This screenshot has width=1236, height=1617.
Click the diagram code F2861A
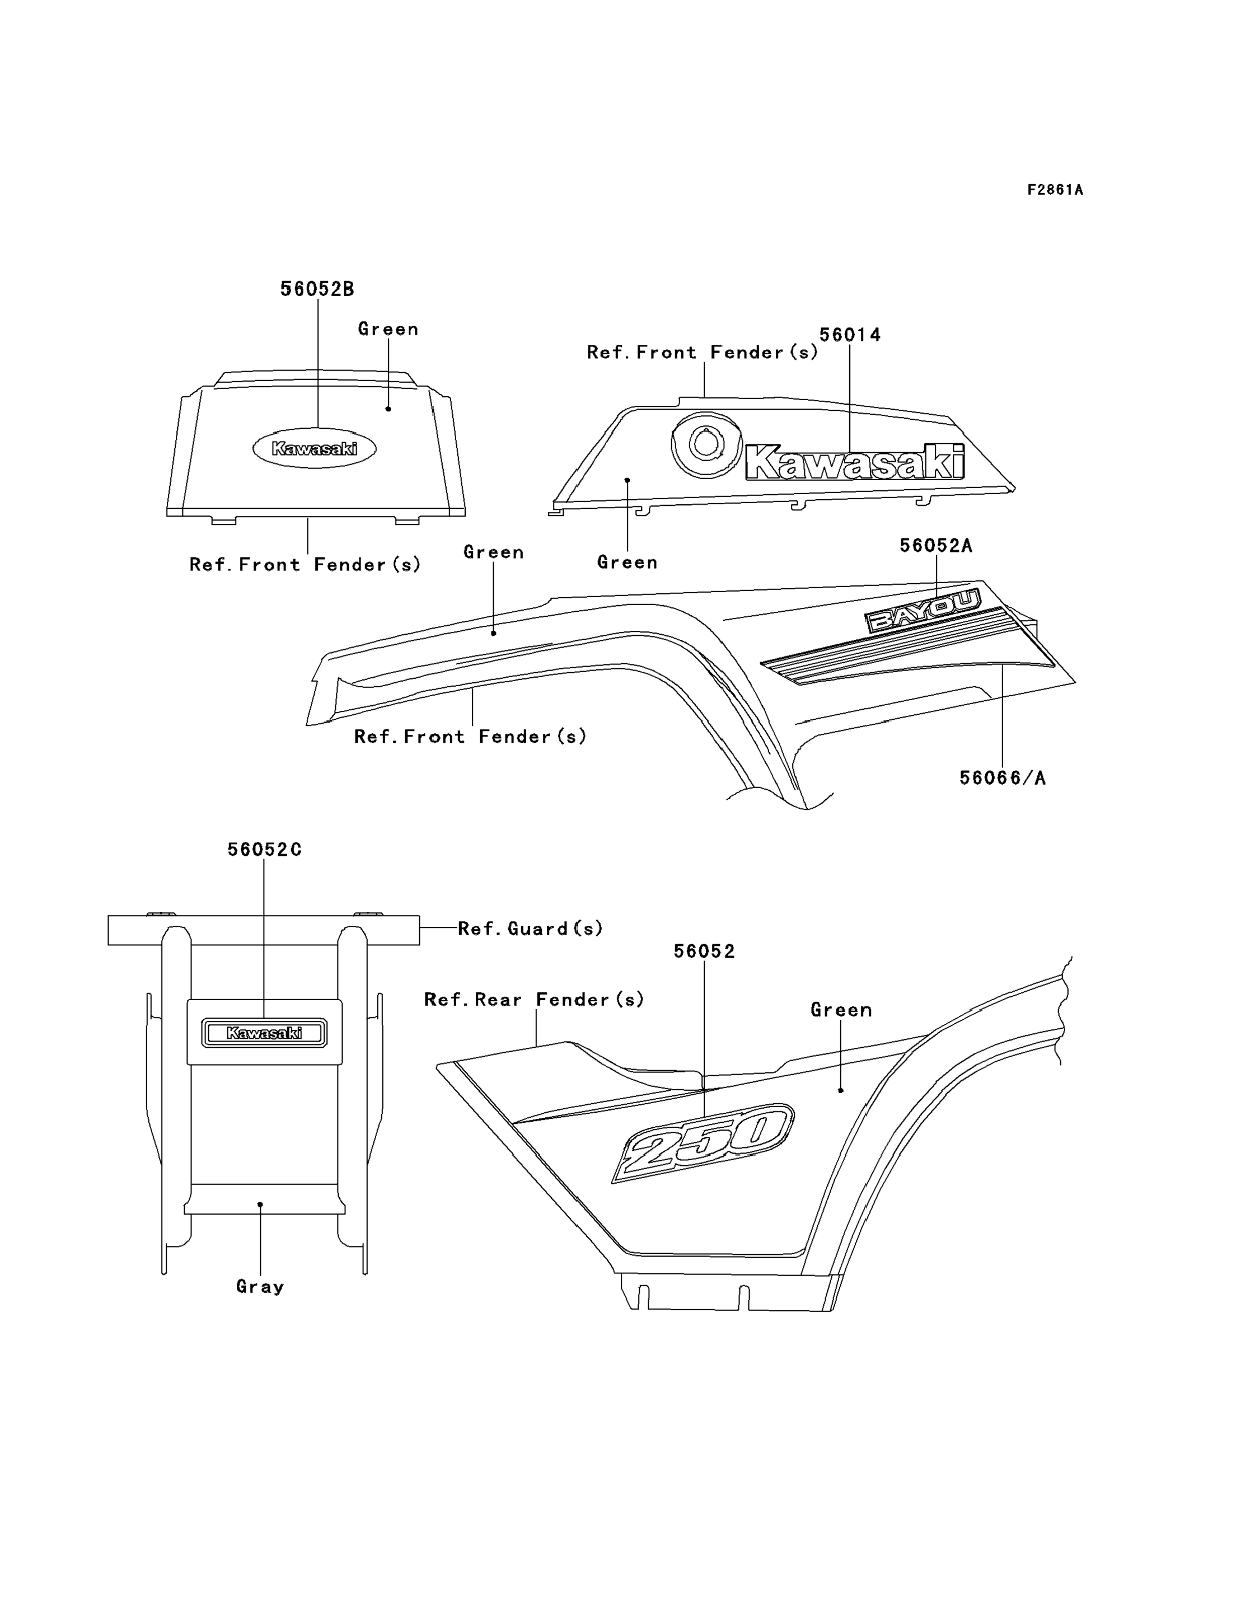[x=1055, y=190]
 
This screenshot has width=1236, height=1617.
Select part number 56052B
[x=317, y=289]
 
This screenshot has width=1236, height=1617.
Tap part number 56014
[x=850, y=335]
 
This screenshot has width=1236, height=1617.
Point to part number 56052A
[x=936, y=545]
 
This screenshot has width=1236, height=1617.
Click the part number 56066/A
[x=1002, y=777]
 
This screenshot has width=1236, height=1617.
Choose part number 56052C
[x=264, y=850]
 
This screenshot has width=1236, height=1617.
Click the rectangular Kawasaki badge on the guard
[x=264, y=1033]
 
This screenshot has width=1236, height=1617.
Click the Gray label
[x=260, y=1287]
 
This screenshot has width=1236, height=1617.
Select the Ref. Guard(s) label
[x=530, y=929]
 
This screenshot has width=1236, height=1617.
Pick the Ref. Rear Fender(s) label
[x=534, y=1000]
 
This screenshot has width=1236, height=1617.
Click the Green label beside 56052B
[x=388, y=329]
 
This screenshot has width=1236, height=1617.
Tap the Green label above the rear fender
[x=841, y=1010]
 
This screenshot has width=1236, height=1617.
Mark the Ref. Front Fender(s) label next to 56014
[x=702, y=353]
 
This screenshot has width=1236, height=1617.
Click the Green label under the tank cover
[x=627, y=562]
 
